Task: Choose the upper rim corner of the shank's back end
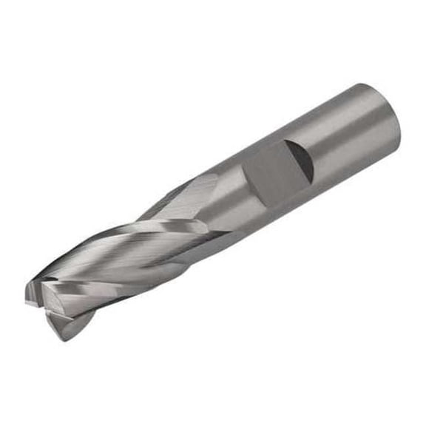(x=362, y=84)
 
